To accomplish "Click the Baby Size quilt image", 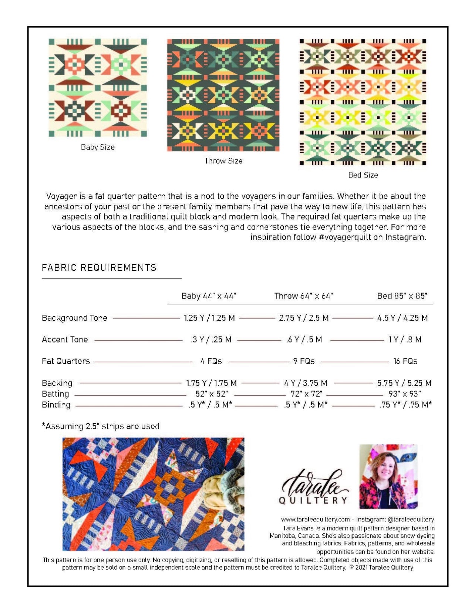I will point(98,88).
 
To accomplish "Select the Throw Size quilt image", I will point(223,95).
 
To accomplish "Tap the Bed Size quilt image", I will point(363,102).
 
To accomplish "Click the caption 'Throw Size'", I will point(223,161).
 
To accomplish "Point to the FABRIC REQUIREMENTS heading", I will point(99,268).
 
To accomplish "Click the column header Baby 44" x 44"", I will point(209,296).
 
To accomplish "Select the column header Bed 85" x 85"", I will point(402,296).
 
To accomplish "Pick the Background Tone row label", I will point(74,318).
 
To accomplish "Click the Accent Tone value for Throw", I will point(304,340).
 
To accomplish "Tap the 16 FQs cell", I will point(405,361).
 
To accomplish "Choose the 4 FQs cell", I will point(211,361).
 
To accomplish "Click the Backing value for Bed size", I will point(404,383).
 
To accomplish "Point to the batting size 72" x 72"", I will point(306,394).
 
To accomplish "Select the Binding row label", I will point(56,405).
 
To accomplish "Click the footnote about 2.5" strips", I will point(101,426).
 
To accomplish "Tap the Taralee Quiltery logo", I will point(314,487).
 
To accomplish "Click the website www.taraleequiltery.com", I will point(315,520).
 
